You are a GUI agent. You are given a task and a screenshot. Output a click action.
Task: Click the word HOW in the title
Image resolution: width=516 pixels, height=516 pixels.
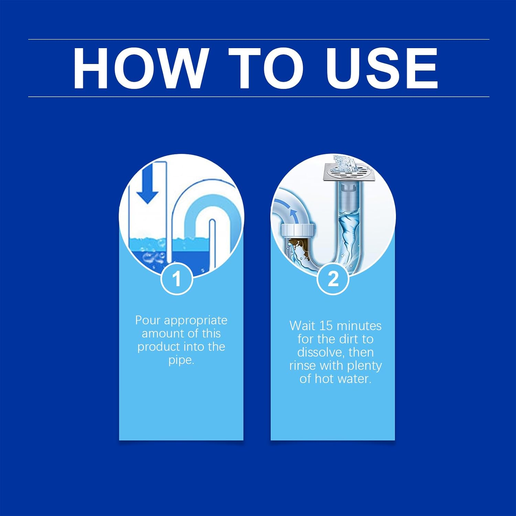tap(140, 68)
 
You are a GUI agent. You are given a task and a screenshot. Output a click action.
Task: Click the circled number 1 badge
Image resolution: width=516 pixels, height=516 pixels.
tap(177, 278)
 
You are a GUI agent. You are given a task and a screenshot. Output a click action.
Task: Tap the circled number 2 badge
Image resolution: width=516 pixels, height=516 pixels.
tap(333, 278)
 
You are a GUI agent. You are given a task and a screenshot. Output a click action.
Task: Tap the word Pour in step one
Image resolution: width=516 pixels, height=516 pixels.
tap(148, 320)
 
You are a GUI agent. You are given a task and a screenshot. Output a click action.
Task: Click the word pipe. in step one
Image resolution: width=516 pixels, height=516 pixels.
tap(181, 360)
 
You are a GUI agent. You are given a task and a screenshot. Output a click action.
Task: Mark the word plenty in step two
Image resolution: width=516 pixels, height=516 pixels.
tap(364, 366)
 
